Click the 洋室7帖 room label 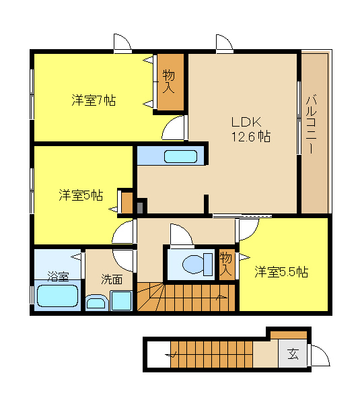coord(94,100)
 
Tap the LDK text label coord(246,122)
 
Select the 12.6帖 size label coord(251,136)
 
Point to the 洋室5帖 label coord(81,195)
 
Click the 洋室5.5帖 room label coord(281,271)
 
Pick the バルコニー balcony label coord(312,124)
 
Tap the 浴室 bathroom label coord(58,276)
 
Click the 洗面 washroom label coord(112,279)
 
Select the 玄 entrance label coord(293,354)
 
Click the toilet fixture coord(198,264)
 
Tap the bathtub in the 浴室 coord(57,296)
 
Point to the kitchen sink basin coord(180,156)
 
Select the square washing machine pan coord(121,300)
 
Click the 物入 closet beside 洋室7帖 coord(170,81)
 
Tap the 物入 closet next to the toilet coord(227,264)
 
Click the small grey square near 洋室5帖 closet coord(140,207)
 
